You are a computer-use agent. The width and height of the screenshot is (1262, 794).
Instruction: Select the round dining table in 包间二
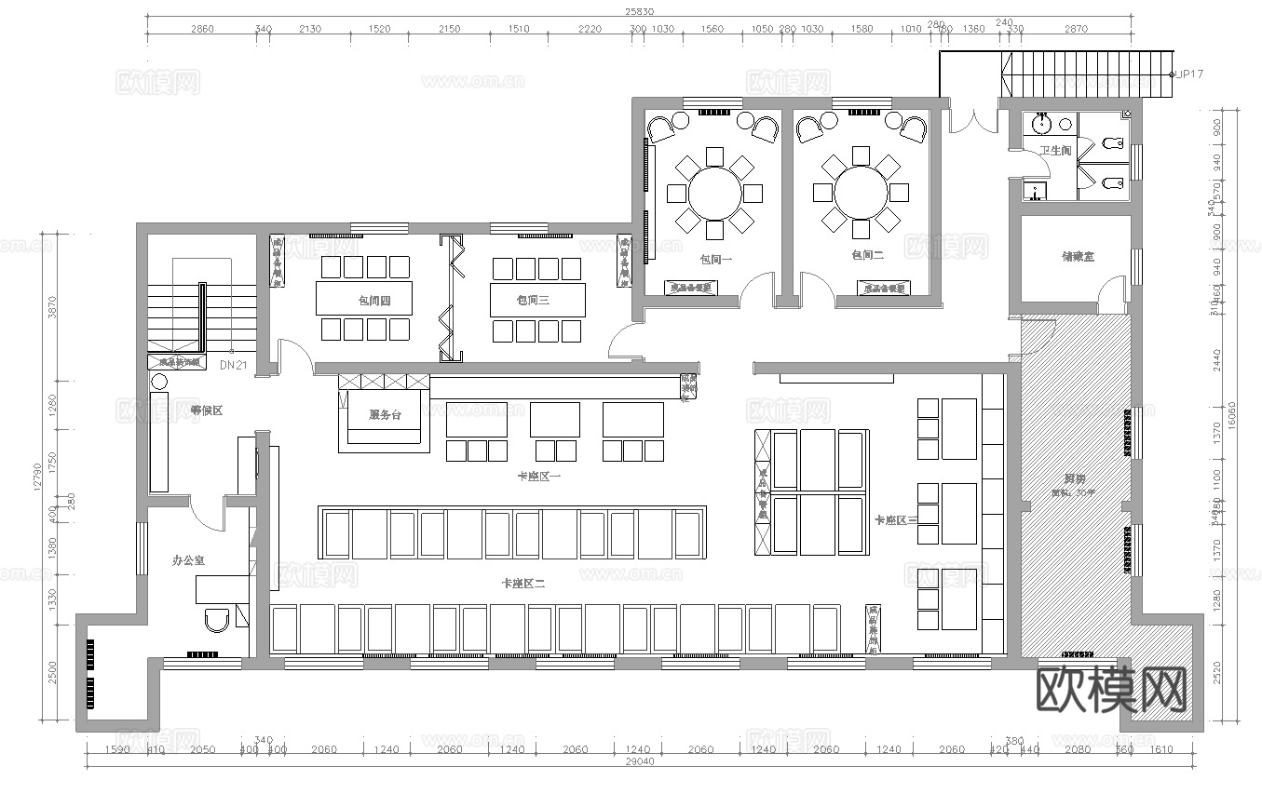coord(860,193)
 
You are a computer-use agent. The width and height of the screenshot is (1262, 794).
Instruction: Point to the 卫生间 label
coord(1055,150)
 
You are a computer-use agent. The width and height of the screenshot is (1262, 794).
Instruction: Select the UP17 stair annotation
coord(1189,74)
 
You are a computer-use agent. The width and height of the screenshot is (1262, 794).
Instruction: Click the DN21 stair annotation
coord(233,366)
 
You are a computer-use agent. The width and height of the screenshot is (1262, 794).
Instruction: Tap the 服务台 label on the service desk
coord(385,414)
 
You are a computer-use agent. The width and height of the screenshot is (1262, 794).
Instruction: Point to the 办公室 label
coord(189,560)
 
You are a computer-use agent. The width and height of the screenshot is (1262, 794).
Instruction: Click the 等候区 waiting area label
coord(206,410)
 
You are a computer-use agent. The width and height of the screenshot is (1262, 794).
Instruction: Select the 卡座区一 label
coord(539,476)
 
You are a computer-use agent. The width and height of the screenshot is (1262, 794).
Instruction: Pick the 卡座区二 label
coord(522,584)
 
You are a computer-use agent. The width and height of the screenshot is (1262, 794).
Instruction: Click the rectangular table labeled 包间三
coord(538,300)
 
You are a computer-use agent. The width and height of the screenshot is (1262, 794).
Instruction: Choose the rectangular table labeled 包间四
coord(364,299)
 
